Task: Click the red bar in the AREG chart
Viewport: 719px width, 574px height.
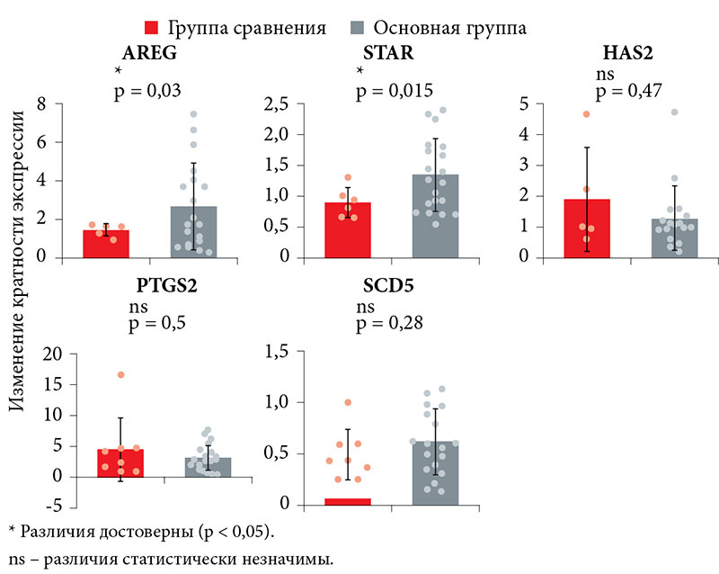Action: click(106, 244)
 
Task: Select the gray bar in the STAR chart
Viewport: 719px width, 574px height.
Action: click(436, 216)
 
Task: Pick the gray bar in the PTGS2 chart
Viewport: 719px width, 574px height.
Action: click(209, 467)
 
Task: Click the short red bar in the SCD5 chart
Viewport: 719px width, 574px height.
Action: click(349, 500)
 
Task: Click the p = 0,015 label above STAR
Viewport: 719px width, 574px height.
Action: click(395, 90)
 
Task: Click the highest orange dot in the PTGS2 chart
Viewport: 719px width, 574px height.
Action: click(120, 374)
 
